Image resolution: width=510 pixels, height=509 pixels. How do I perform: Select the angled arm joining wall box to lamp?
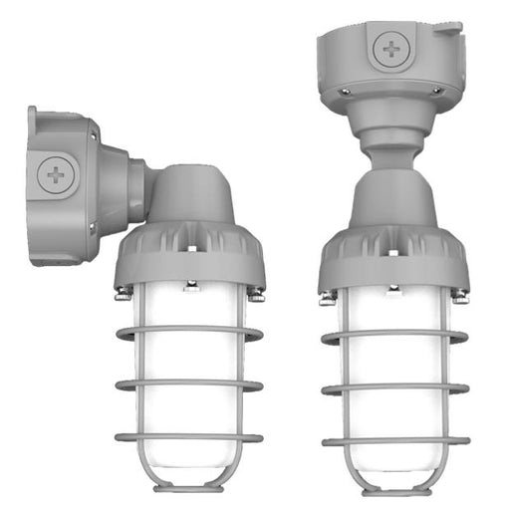(x=139, y=189)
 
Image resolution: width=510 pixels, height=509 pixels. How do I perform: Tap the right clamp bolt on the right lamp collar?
(x=459, y=296)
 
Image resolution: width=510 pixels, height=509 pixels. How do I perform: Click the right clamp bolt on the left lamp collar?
(x=256, y=293)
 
